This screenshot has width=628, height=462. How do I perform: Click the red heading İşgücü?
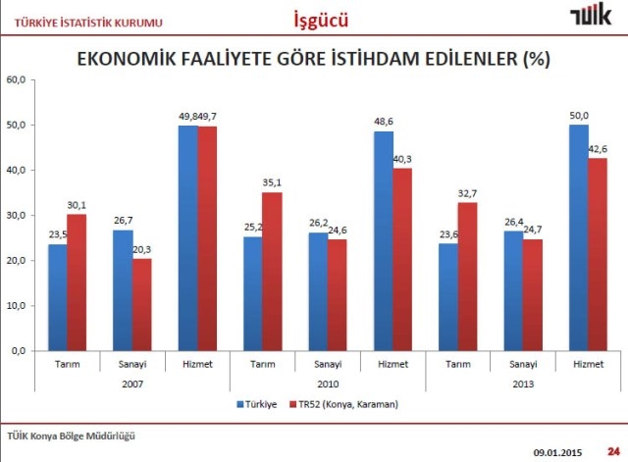point(320,19)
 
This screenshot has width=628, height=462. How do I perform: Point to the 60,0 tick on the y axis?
point(17,80)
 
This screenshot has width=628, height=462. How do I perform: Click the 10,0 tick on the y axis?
point(17,306)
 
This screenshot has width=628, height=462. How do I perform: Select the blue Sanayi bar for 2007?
point(122,290)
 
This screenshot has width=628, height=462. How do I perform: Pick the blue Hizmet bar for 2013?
point(578,237)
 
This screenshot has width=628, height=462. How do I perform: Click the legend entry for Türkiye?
point(257,403)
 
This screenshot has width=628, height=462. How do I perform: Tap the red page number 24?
point(612,450)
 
